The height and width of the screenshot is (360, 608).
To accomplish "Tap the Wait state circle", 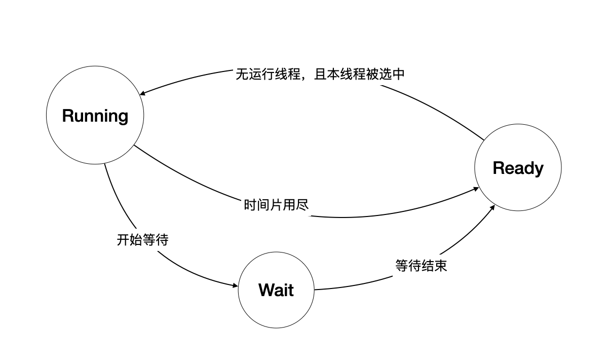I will point(276,309).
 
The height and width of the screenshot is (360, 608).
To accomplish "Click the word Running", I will point(95,116).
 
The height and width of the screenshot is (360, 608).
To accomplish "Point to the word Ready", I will point(518,168).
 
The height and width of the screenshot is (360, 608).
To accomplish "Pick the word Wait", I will point(276,290).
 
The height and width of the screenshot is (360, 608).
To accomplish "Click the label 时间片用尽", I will point(276,205).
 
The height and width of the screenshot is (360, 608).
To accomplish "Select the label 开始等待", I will point(142,240).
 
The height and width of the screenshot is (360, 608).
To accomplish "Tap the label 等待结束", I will point(421,266).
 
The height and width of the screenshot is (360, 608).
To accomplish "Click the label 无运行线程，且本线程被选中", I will point(320,75).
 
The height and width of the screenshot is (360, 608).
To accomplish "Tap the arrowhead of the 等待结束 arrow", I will point(493,208).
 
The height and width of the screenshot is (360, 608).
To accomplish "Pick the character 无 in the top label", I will point(242,75).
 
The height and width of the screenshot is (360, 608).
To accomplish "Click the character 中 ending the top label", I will point(399,75).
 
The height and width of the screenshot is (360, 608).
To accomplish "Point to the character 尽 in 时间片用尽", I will point(302,205).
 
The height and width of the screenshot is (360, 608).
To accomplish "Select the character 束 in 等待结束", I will point(441,266).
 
